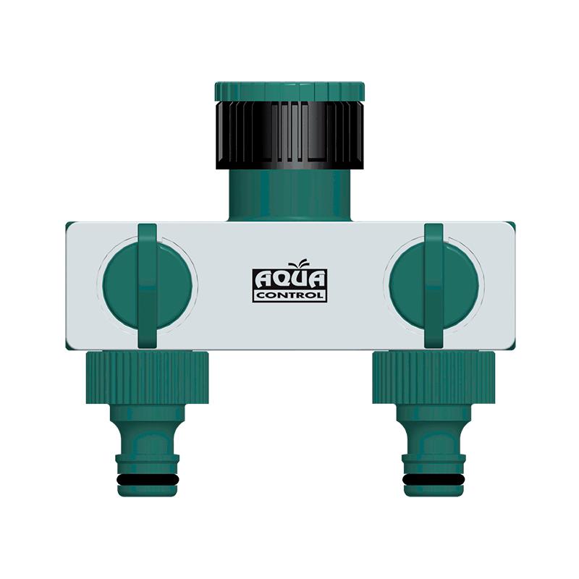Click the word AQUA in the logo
point(289,279)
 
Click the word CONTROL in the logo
point(289,295)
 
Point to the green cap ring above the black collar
point(289,91)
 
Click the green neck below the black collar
point(289,195)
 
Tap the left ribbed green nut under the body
point(148,376)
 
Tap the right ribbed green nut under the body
point(433,376)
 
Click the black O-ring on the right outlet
point(433,480)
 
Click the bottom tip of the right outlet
point(433,494)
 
